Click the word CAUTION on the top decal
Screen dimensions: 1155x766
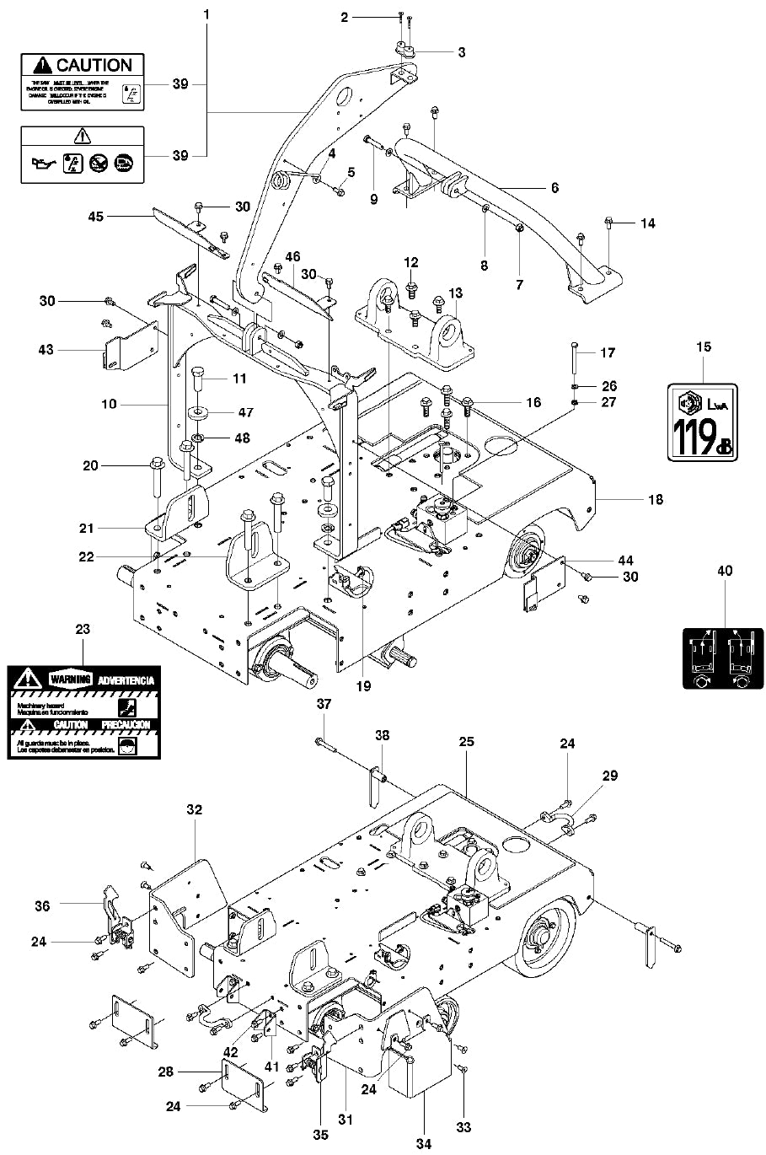(94, 65)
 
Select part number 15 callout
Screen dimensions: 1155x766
(704, 346)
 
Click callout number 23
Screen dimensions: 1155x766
(83, 629)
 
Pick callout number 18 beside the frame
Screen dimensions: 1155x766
(655, 500)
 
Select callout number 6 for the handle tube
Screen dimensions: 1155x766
(554, 188)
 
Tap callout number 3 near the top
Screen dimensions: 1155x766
(461, 52)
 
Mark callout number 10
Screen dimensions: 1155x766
(109, 405)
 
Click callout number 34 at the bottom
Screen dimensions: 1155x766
(423, 1143)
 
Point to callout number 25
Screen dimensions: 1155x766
(466, 742)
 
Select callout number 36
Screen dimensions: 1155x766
(42, 906)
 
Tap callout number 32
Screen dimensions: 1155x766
(195, 810)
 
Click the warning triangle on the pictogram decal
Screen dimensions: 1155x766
(82, 135)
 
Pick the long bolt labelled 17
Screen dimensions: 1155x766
(573, 363)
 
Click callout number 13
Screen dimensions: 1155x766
(455, 293)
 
